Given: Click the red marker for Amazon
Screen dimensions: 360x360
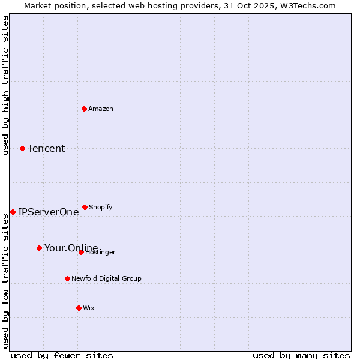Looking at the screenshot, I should click(x=85, y=109).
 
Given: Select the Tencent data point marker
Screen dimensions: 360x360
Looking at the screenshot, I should click(x=23, y=148).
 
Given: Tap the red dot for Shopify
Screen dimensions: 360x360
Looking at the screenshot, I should click(x=85, y=207).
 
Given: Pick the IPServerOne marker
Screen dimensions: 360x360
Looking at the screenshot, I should click(x=13, y=212).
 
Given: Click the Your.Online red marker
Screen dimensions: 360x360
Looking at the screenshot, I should click(x=39, y=248).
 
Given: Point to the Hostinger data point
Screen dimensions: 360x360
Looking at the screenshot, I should click(x=81, y=252).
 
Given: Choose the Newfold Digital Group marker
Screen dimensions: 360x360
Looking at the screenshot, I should click(x=67, y=278).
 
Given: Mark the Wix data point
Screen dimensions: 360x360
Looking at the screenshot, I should click(x=79, y=308).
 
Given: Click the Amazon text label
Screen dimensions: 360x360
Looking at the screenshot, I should click(x=101, y=109).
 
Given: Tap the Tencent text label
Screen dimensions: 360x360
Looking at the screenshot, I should click(x=46, y=148).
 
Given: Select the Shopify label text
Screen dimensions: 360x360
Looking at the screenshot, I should click(x=101, y=207).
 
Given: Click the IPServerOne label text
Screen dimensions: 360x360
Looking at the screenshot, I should click(x=48, y=212).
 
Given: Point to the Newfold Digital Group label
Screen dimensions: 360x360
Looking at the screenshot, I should click(x=106, y=278).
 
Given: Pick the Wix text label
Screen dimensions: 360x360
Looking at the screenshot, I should click(x=89, y=308).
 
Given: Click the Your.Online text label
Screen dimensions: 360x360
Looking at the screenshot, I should click(x=71, y=248).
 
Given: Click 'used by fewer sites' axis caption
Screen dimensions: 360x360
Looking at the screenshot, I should click(x=62, y=355).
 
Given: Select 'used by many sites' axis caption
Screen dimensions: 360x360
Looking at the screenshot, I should click(x=301, y=355).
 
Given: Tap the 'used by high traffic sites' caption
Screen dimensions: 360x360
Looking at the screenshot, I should click(x=6, y=85).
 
